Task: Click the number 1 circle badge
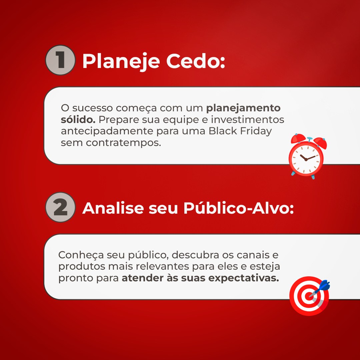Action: (60, 60)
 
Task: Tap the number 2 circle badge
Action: (60, 207)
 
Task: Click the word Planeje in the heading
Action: (121, 61)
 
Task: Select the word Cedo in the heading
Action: (195, 61)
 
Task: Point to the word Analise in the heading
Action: (113, 208)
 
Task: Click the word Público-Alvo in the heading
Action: (238, 208)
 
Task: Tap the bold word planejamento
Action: (243, 108)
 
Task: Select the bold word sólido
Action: (78, 119)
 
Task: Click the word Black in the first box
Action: (223, 131)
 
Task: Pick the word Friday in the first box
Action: (256, 131)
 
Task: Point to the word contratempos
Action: (124, 143)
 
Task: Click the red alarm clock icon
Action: (307, 156)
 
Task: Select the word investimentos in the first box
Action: (247, 119)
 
